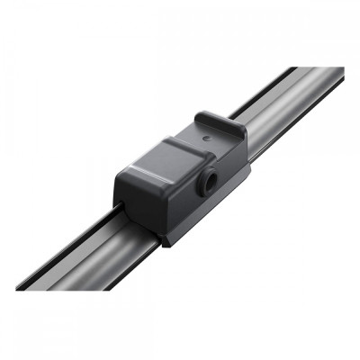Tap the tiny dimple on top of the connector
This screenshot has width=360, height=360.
click(x=208, y=137)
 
